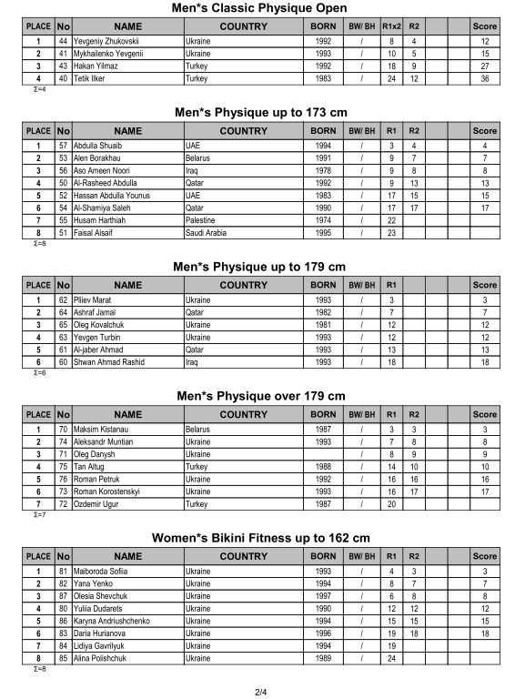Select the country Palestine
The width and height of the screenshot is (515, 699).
tap(201, 219)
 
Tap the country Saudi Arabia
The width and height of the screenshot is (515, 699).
tap(207, 232)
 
